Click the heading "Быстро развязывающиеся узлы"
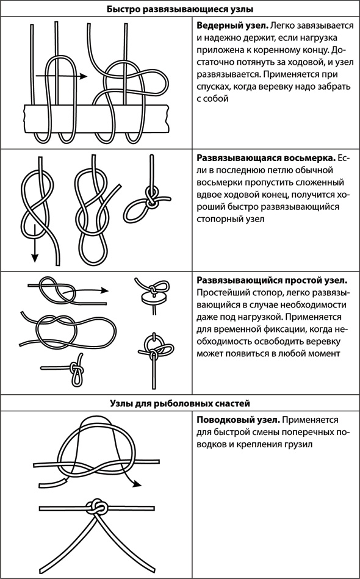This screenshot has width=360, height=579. pos(180,10)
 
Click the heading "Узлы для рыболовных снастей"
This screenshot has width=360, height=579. pos(180,403)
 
